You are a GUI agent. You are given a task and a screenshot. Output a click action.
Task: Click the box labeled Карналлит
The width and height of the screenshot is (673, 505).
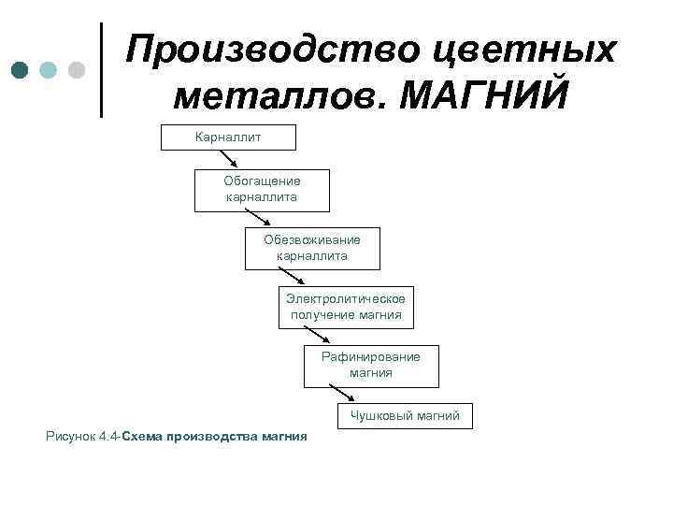229,137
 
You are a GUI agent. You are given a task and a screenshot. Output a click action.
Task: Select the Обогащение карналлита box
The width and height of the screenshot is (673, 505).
262,190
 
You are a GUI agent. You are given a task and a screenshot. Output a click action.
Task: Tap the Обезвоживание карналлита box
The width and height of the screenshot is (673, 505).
312,248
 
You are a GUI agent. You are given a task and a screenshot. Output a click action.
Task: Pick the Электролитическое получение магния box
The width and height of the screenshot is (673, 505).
346,307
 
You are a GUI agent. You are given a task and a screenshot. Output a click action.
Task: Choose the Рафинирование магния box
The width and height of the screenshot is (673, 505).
371,365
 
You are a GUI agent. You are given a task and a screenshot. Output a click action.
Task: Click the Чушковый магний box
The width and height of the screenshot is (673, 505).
405,416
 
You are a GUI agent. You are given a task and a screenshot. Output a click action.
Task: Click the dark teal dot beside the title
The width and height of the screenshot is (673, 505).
21,70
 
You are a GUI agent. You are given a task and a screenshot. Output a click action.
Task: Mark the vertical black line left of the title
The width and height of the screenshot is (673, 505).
101,70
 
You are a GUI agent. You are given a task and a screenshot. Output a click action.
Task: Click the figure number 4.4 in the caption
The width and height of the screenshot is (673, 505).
108,437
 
